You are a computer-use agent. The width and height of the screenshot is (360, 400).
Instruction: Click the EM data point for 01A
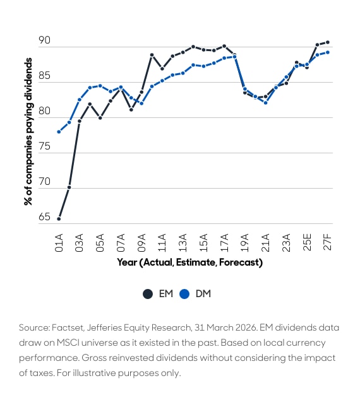click(x=59, y=219)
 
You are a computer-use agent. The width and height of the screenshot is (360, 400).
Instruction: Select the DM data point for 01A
click(x=59, y=132)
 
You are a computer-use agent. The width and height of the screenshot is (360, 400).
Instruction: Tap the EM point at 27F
click(x=328, y=42)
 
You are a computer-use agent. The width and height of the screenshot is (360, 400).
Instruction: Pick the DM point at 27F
click(x=328, y=52)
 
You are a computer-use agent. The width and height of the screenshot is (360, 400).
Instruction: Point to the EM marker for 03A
click(x=80, y=121)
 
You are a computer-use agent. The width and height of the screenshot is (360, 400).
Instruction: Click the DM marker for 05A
click(x=100, y=86)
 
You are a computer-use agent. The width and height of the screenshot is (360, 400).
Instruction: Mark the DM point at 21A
click(x=266, y=103)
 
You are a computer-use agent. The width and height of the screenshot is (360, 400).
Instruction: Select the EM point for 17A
click(x=224, y=46)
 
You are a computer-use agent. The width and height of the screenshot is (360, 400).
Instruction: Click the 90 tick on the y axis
click(x=44, y=40)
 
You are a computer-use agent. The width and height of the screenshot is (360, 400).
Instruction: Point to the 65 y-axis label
click(x=44, y=217)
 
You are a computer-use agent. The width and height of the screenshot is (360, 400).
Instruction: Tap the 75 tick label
click(x=44, y=146)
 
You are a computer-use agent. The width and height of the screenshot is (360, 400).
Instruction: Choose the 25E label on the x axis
click(x=307, y=242)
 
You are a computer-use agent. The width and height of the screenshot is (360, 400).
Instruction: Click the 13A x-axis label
click(x=183, y=243)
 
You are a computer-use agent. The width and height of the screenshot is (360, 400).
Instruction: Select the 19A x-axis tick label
click(x=245, y=243)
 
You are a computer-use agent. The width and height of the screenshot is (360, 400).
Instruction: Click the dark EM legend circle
click(x=148, y=294)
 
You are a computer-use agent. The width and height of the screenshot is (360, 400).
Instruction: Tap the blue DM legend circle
click(x=184, y=294)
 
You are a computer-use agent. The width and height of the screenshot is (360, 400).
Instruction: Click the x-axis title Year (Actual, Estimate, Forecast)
click(x=190, y=262)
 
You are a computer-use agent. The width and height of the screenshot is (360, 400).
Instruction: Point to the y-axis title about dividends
click(x=28, y=132)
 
